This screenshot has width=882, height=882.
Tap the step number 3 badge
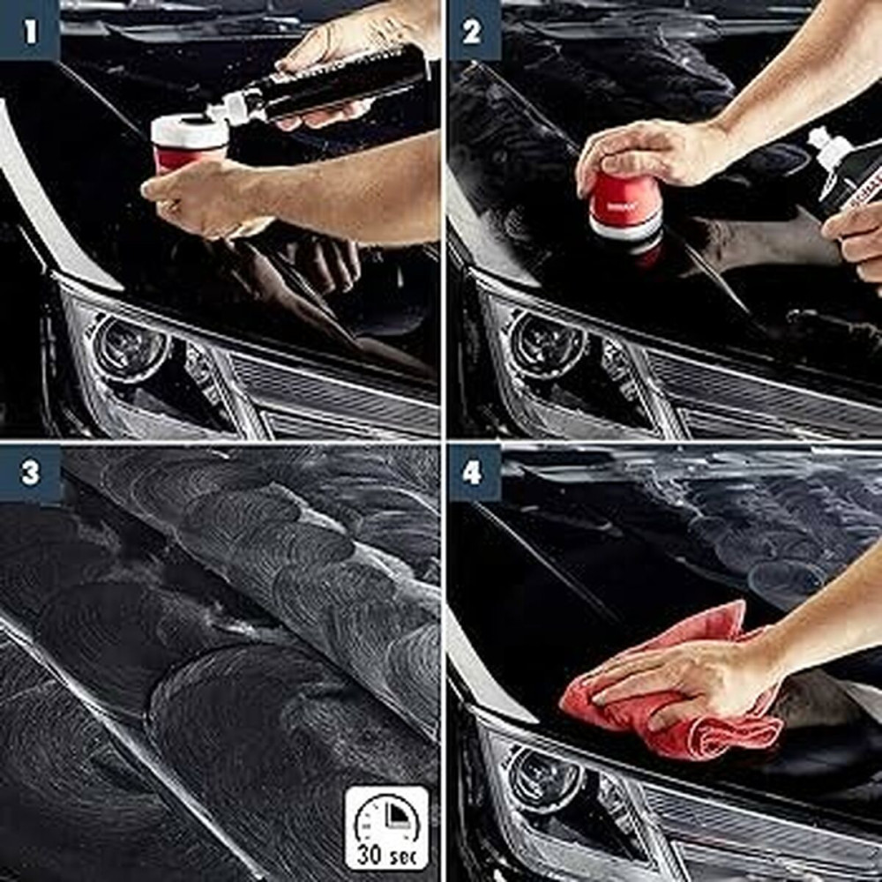pyautogui.click(x=30, y=473)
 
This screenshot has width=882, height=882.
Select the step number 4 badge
pyautogui.click(x=473, y=473)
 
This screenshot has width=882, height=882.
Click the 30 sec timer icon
pyautogui.click(x=386, y=826)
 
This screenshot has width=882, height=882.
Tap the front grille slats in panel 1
pyautogui.click(x=335, y=388)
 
